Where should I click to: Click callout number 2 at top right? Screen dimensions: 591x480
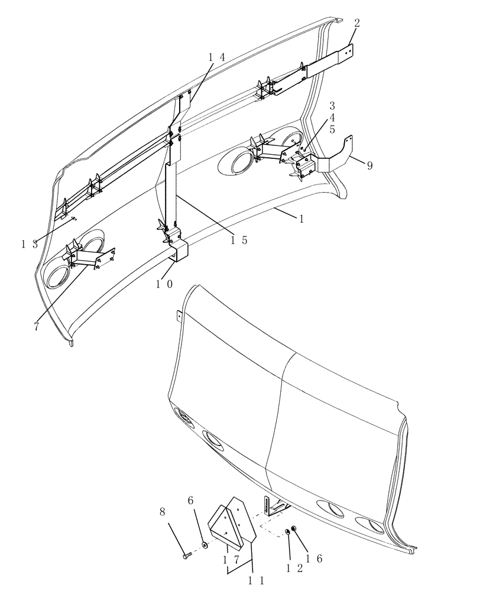pyautogui.click(x=357, y=23)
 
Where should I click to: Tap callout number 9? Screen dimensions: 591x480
pyautogui.click(x=369, y=166)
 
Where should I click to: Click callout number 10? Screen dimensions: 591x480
pyautogui.click(x=164, y=284)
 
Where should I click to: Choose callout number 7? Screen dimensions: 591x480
pyautogui.click(x=37, y=326)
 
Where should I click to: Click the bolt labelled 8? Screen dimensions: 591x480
pyautogui.click(x=186, y=554)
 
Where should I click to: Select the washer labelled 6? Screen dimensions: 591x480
pyautogui.click(x=204, y=543)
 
